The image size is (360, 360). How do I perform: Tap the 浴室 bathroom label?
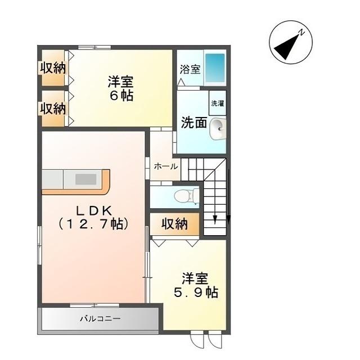[x=190, y=70]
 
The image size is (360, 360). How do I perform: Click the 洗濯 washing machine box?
[x=217, y=103]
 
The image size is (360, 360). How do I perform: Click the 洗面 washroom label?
[x=193, y=123]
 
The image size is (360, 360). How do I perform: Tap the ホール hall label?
[x=165, y=166]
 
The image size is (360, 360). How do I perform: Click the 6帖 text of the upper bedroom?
[x=121, y=96]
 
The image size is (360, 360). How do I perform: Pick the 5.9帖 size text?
[x=195, y=293]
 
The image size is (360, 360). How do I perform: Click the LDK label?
[x=94, y=210]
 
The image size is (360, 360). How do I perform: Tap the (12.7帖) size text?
[x=94, y=223]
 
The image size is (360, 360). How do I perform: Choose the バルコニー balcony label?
[x=100, y=319]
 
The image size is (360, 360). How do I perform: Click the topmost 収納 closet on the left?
[x=53, y=68]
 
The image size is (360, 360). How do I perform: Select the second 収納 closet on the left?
[x=53, y=108]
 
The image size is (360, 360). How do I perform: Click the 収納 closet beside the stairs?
[x=174, y=224]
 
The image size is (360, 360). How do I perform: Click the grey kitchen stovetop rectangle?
[x=86, y=179]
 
